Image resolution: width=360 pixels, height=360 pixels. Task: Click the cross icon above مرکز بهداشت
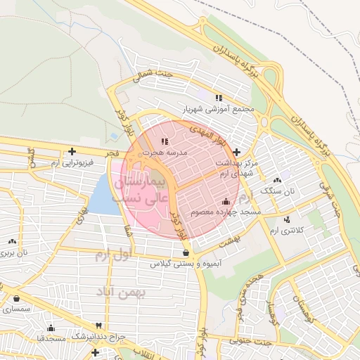click(237, 152)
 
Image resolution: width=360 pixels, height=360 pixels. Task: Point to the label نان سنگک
click(279, 191)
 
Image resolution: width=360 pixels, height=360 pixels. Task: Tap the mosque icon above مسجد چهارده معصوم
click(225, 202)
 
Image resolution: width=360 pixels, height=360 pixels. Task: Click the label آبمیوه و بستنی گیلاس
click(185, 264)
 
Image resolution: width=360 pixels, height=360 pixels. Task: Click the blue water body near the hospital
click(104, 196)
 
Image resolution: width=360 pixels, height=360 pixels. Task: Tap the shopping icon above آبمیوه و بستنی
click(186, 253)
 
